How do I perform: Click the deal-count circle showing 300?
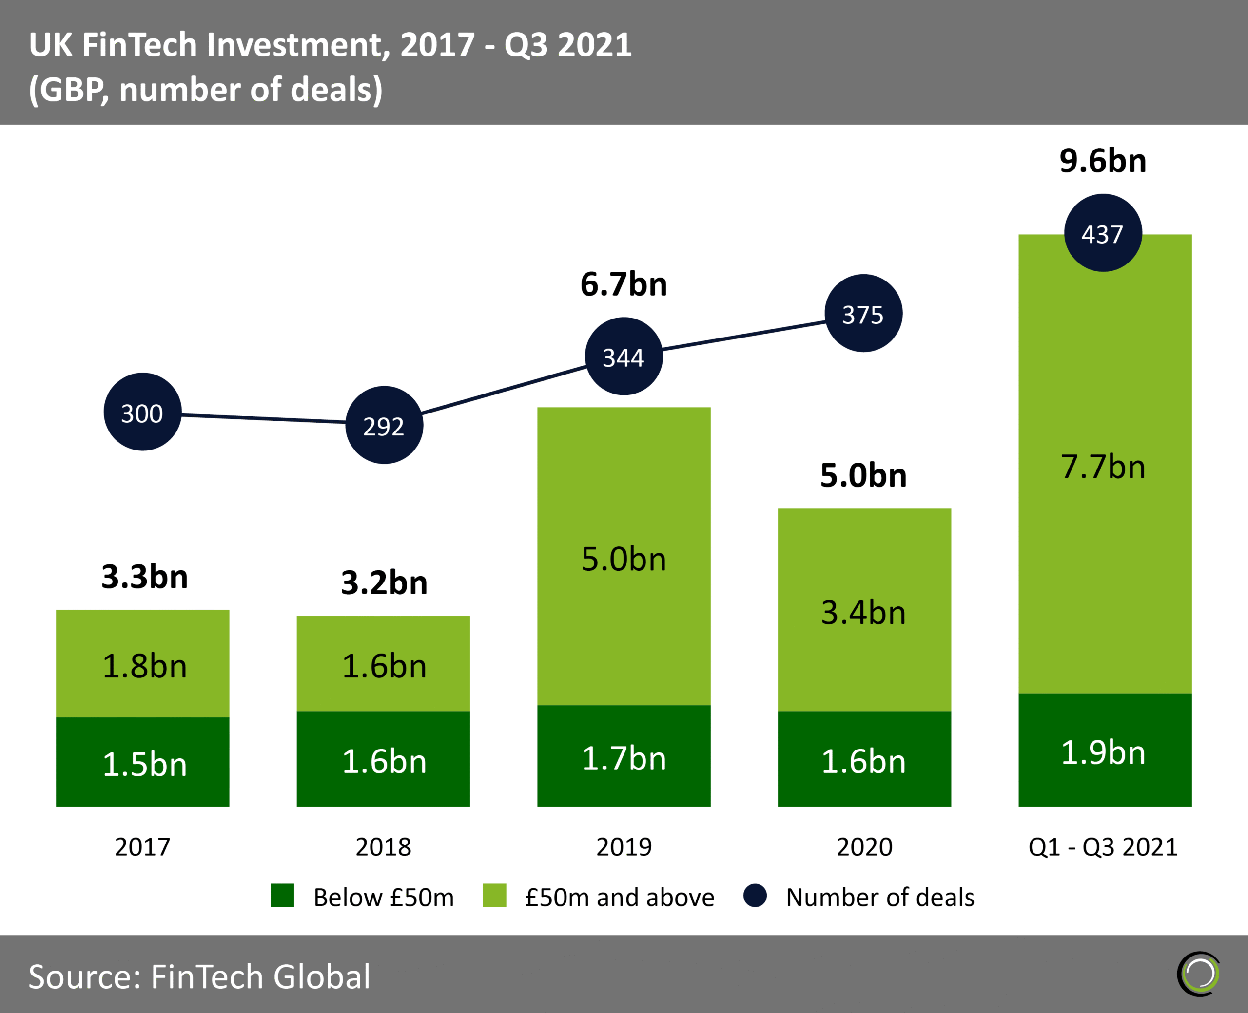tap(142, 412)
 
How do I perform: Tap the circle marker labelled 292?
tap(384, 425)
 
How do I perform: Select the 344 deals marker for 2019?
tap(624, 356)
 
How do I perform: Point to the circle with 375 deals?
tap(863, 313)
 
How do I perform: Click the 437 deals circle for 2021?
tap(1103, 233)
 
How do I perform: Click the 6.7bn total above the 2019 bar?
tap(624, 284)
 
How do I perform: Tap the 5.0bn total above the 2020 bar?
tap(863, 475)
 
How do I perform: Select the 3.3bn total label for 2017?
tap(144, 577)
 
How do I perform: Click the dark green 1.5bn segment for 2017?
tap(142, 763)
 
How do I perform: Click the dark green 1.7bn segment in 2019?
tap(624, 757)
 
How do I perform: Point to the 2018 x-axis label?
tap(383, 847)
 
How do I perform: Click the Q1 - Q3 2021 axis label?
tap(1103, 847)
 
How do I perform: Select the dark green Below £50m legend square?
tap(283, 896)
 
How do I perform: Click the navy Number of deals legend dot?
tap(755, 896)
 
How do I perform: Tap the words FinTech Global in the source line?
tap(260, 976)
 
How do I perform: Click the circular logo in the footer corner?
tap(1199, 974)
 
